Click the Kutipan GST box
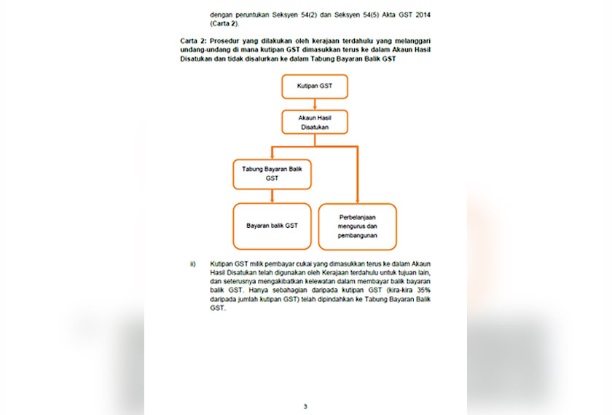(314, 86)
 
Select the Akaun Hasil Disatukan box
(314, 122)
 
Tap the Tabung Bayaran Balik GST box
(272, 173)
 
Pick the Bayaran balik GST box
(272, 226)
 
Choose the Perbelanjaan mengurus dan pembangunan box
(358, 226)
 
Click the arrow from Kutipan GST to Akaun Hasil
(314, 104)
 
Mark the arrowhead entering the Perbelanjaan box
(358, 199)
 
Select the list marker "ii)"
(193, 263)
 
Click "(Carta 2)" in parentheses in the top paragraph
(225, 23)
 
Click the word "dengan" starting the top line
(221, 15)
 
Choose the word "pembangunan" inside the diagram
(358, 235)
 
